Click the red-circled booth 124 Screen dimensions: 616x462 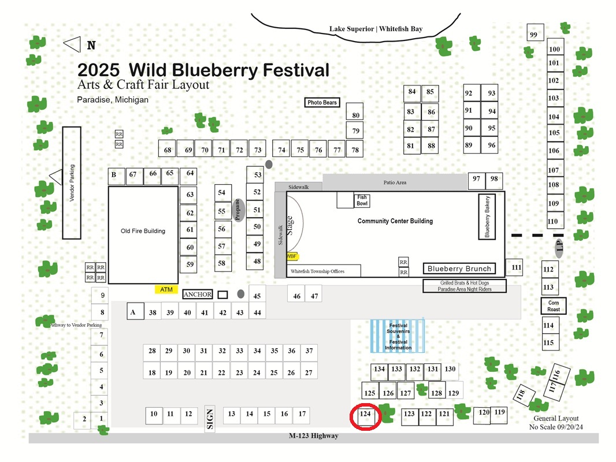[365, 416]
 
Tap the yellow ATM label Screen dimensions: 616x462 [166, 290]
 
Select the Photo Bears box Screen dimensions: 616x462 [322, 102]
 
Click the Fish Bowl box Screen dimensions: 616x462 [362, 200]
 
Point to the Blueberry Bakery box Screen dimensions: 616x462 [487, 217]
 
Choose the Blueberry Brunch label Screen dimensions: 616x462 [459, 269]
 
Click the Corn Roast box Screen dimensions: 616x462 [554, 305]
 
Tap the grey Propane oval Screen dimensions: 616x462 [238, 210]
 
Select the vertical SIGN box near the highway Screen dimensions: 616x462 [210, 419]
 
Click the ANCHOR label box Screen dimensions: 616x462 [198, 295]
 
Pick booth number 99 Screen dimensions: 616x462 [535, 32]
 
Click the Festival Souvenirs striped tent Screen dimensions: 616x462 [397, 336]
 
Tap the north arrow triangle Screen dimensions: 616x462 [73, 44]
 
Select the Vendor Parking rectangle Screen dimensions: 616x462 [72, 182]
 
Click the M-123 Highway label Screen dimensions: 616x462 [314, 435]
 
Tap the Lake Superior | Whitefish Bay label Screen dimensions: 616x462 [376, 29]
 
